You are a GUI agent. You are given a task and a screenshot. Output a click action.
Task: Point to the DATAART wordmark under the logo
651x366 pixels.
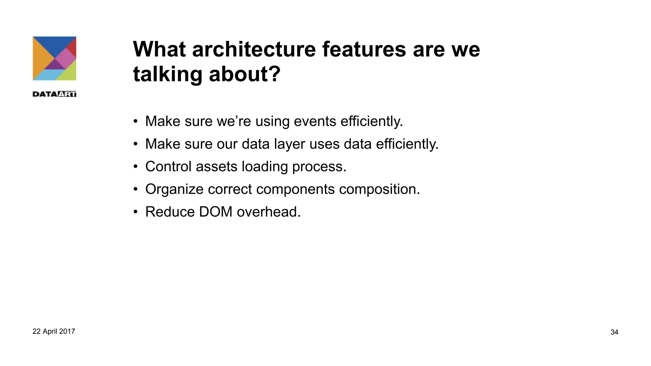tap(54, 94)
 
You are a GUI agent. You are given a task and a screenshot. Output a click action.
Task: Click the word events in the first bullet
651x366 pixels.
tap(315, 121)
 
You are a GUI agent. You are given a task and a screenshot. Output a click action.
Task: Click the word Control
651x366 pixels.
tap(168, 166)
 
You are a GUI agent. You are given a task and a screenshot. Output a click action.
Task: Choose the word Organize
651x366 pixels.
tap(174, 190)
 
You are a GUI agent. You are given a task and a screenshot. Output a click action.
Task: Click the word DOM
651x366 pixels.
tap(216, 212)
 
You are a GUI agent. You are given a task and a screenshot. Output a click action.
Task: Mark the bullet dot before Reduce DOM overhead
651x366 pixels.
tap(136, 212)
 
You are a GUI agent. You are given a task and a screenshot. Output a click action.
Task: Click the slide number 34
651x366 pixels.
tap(614, 332)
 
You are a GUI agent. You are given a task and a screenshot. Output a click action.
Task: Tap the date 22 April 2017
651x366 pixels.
tap(54, 331)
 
